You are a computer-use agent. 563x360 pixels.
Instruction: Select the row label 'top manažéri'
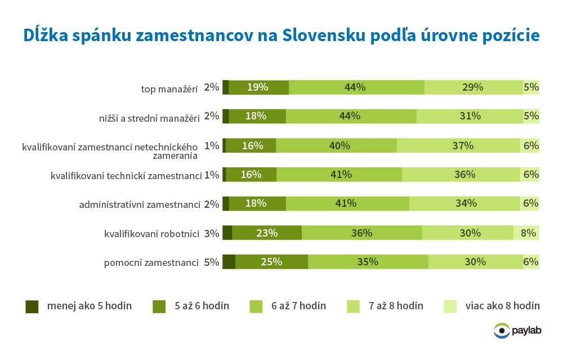tap(169, 88)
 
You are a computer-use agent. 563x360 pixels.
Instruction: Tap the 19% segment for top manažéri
tap(258, 87)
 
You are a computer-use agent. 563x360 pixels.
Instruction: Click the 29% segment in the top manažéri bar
tap(473, 87)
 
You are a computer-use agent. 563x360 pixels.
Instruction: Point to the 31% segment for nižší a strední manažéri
tap(470, 116)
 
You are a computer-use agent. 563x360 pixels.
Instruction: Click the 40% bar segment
tap(336, 145)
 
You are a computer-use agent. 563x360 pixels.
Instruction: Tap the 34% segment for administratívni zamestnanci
tap(466, 203)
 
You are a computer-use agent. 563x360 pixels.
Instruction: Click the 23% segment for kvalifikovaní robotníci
tap(267, 233)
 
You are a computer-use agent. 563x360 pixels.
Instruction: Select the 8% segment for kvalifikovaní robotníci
tap(526, 233)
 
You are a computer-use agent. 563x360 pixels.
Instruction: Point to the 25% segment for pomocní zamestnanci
tap(271, 262)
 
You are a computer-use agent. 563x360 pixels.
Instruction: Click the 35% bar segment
tap(368, 262)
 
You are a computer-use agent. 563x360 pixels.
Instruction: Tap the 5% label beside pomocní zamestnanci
tap(211, 262)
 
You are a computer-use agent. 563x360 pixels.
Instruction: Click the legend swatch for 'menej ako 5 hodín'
tap(32, 306)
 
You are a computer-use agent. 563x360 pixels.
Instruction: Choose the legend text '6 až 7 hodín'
tap(298, 306)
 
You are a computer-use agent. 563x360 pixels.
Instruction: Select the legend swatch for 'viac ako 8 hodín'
tap(451, 306)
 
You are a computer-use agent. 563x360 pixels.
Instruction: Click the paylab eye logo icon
tap(501, 331)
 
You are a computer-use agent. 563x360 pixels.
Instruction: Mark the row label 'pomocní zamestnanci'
tap(151, 263)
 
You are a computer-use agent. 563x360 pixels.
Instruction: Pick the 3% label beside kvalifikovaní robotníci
tap(211, 233)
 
